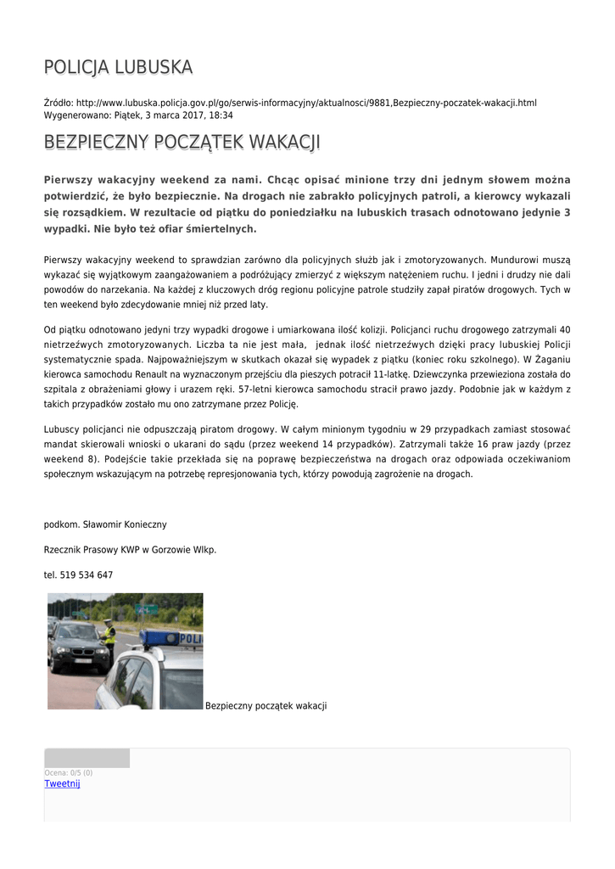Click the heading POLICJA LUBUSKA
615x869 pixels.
tap(118, 67)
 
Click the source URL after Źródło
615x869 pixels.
tap(306, 103)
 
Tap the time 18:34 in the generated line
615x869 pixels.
tap(221, 115)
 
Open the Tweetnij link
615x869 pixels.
tap(62, 783)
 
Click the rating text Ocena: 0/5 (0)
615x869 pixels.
tap(69, 772)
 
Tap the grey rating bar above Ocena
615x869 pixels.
tap(87, 758)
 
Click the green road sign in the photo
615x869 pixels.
tap(146, 608)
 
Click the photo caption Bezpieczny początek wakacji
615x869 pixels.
tap(266, 706)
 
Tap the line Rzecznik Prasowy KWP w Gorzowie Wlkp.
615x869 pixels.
tap(130, 549)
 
